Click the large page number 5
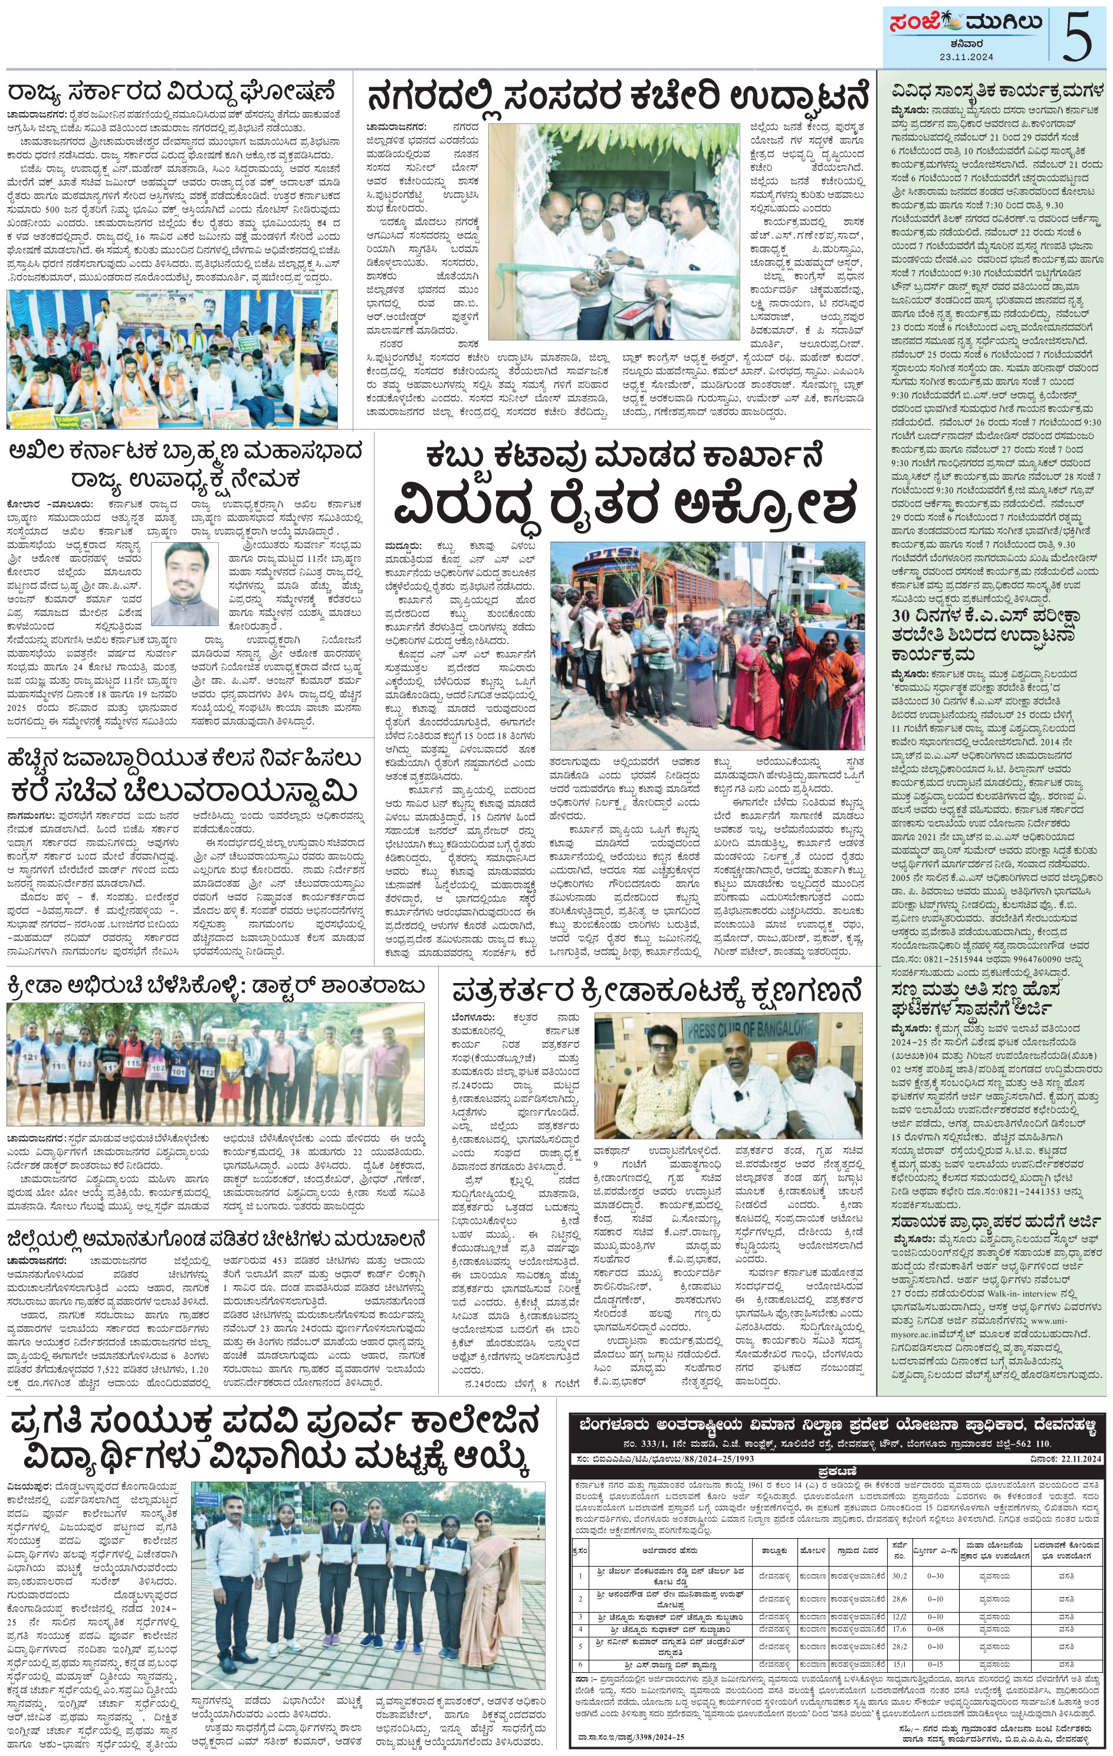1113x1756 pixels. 1079,37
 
